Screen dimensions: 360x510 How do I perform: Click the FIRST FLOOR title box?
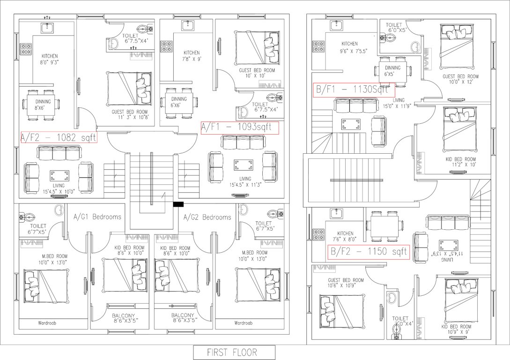234,352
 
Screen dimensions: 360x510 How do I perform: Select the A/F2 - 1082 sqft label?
59,138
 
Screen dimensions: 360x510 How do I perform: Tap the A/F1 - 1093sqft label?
239,127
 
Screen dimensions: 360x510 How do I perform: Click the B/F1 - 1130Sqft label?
353,90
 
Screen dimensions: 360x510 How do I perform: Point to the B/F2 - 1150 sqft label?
369,252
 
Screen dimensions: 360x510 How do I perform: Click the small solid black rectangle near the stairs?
178,204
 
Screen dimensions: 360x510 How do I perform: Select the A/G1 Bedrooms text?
97,217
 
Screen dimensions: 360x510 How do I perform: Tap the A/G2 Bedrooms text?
207,217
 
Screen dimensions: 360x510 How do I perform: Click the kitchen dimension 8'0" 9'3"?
50,61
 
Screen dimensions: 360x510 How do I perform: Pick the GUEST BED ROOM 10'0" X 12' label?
460,79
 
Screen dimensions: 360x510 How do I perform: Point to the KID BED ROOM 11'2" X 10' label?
461,162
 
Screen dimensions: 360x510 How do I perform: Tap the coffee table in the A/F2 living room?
59,176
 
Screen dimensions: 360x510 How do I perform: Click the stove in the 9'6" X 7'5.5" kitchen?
319,46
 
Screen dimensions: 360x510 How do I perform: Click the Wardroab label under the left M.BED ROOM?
50,323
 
